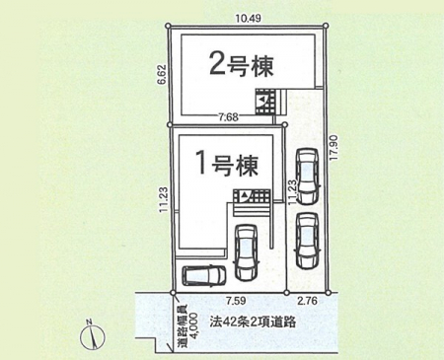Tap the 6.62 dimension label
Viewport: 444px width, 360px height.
point(164,75)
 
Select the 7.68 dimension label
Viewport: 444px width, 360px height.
point(229,117)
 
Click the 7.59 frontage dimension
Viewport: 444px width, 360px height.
point(236,301)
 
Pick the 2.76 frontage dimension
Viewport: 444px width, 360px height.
point(307,301)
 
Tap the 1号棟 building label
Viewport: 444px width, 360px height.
point(227,165)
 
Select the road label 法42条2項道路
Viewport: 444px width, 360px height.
point(254,322)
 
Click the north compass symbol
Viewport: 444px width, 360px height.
point(93,336)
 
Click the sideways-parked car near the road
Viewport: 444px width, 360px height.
point(204,275)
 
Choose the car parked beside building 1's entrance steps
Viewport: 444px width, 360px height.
point(247,252)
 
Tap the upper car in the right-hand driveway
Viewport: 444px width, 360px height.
point(307,176)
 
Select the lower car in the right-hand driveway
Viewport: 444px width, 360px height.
point(307,241)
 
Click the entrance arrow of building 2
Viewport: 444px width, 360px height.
point(262,99)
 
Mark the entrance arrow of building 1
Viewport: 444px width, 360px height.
point(244,195)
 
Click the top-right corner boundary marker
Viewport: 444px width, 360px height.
point(326,26)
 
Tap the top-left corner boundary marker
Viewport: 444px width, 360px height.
point(168,26)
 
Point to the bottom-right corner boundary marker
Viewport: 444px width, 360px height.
point(328,292)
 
